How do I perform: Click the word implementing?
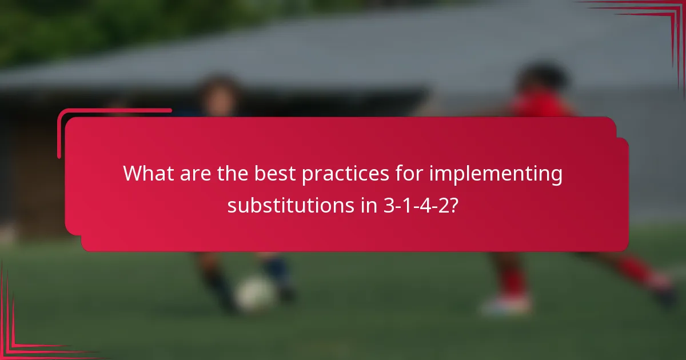tap(496, 174)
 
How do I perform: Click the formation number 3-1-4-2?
tap(418, 205)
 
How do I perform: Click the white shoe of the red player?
tap(506, 304)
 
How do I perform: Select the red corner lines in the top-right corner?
tap(657, 17)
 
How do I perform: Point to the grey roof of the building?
tap(343, 51)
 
